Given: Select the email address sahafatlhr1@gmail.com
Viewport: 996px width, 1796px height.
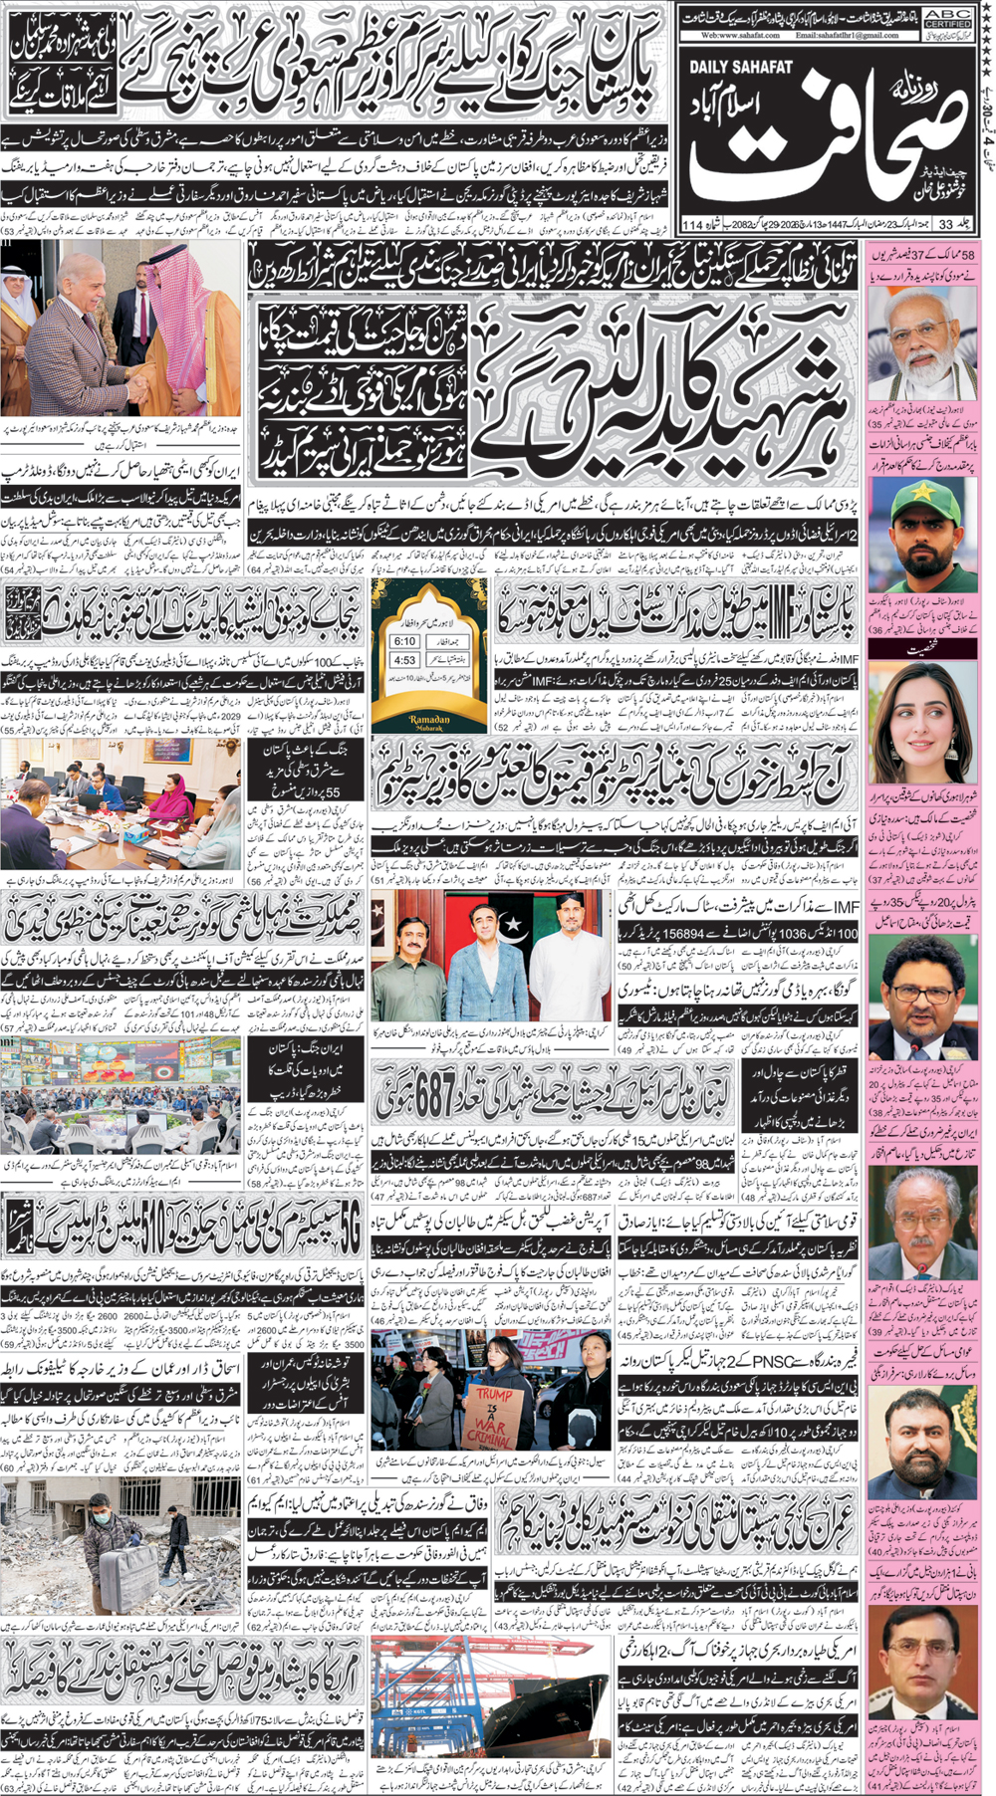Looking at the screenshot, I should click(x=847, y=35).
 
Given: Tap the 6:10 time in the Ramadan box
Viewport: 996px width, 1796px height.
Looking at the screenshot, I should click(x=404, y=641).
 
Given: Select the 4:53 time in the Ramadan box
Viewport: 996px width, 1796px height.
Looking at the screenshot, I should click(x=404, y=660).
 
